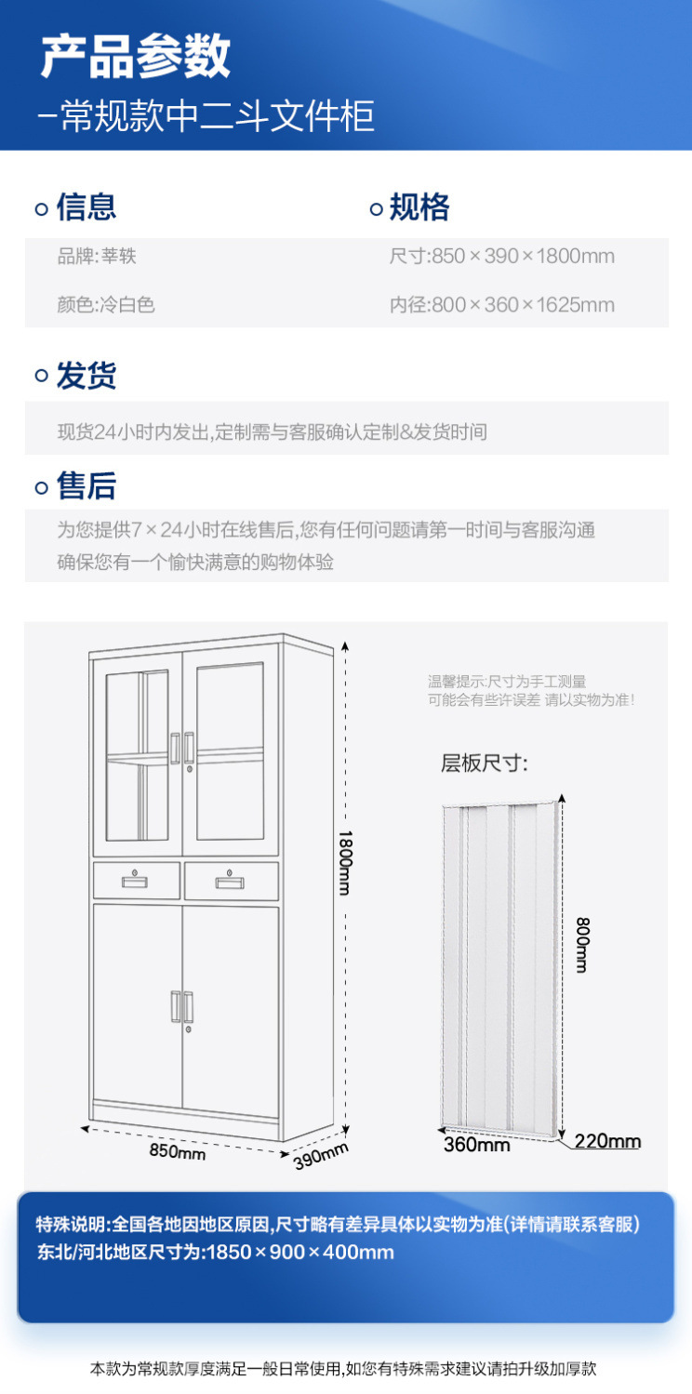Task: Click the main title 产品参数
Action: click(136, 56)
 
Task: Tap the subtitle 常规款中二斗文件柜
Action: click(218, 115)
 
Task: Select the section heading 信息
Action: click(86, 207)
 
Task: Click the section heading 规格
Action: click(419, 207)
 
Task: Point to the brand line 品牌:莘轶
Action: click(97, 256)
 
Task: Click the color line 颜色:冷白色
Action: click(106, 304)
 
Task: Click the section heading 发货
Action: click(86, 376)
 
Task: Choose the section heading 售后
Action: click(86, 485)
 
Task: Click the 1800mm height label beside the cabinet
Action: click(345, 863)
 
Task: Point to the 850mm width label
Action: click(178, 1151)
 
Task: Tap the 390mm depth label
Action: click(321, 1156)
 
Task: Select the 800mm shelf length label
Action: click(582, 945)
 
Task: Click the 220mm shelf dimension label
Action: click(607, 1141)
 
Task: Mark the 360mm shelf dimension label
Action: click(477, 1145)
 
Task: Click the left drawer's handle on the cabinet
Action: click(135, 881)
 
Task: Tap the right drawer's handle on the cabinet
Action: click(230, 882)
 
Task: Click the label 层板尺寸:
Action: click(485, 763)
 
